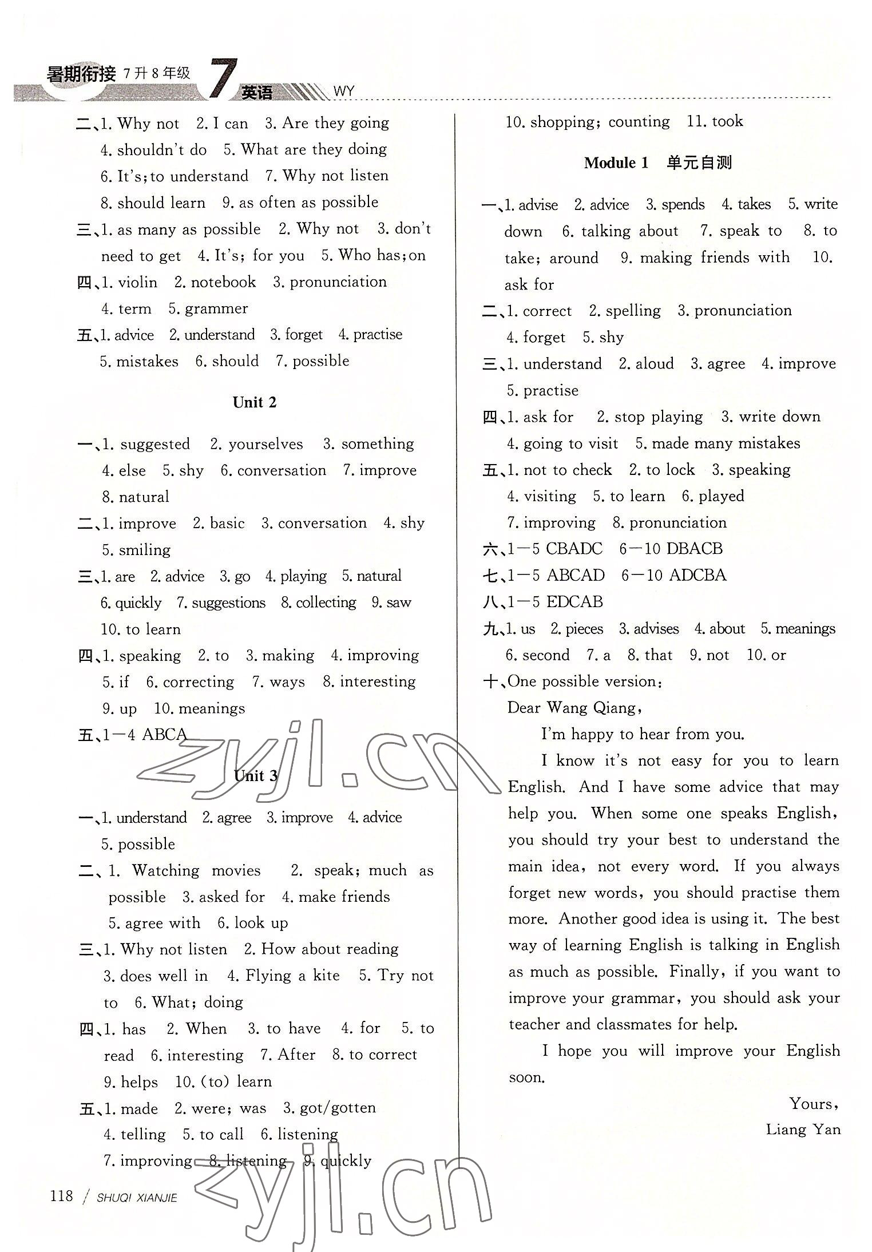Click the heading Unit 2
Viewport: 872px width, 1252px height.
pos(255,402)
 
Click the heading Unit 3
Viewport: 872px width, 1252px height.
pos(256,775)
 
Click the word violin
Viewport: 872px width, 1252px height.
pos(137,282)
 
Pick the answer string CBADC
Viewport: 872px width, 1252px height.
pos(574,549)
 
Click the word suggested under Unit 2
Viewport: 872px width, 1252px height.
pos(154,444)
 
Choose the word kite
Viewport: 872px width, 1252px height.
pos(326,975)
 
